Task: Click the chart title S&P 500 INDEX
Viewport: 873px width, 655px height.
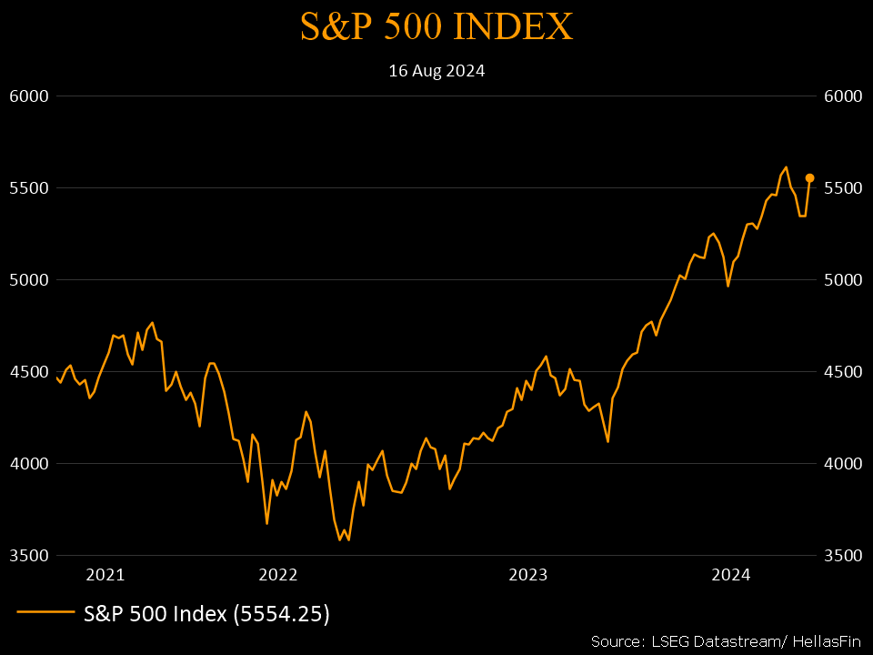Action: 436,27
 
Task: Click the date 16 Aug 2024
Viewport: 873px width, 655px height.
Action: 436,71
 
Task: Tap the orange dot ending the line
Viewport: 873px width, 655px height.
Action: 809,178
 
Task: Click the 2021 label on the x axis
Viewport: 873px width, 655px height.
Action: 105,575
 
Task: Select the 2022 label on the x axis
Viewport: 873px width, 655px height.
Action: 278,575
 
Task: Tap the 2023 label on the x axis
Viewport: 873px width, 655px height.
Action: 527,575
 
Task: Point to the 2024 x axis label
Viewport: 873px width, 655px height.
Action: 730,575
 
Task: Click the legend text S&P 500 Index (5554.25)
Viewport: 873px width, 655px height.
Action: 206,614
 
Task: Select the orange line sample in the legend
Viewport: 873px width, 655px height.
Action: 45,614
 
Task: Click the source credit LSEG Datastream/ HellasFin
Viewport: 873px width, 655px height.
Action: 725,640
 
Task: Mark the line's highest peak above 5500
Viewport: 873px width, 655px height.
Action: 786,167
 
